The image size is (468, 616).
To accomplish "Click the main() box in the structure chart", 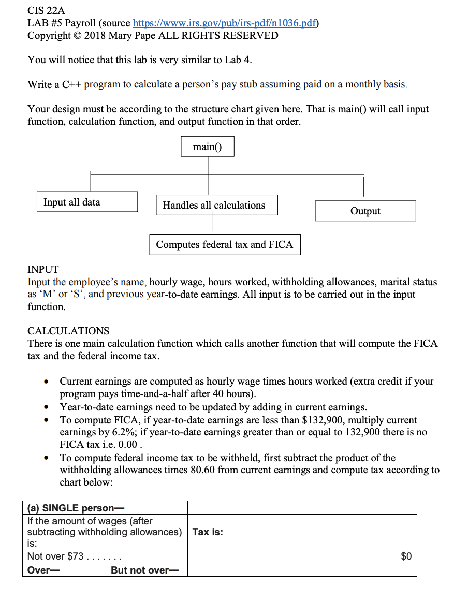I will coord(208,146).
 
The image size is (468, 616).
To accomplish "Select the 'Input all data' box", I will coord(87,202).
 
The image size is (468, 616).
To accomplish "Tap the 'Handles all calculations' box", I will coord(216,205).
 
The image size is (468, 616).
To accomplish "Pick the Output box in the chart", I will coord(365,211).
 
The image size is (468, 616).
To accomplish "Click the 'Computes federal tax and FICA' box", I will coord(225,244).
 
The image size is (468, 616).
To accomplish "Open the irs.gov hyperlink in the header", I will coord(226,23).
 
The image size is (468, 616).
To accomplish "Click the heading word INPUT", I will coord(43,269).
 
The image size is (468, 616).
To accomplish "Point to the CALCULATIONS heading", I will coord(68,331).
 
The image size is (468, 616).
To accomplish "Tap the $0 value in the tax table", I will coord(406,556).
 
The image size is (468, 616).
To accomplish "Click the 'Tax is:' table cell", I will coord(208,532).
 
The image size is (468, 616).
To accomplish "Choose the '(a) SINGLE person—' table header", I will coord(76,508).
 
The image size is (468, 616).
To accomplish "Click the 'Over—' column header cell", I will coord(43,570).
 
